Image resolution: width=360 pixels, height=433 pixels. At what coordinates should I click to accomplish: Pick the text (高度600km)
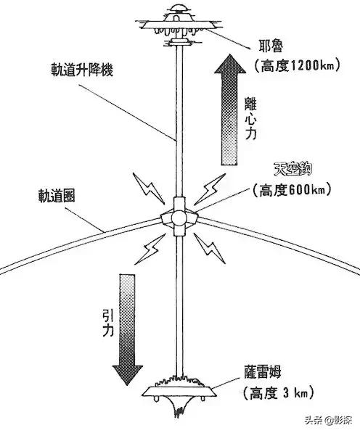coord(290,191)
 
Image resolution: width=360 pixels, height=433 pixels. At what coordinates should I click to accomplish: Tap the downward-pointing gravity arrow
coord(127,326)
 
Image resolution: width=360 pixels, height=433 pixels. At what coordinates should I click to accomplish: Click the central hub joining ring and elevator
coord(179,215)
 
